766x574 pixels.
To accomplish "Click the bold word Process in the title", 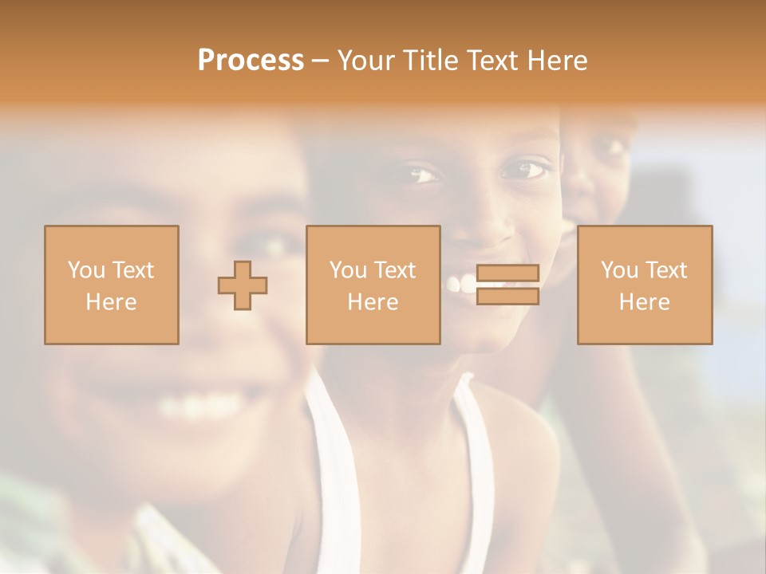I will (x=251, y=61).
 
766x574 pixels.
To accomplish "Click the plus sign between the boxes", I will (x=243, y=285).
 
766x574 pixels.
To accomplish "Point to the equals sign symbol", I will (x=507, y=285).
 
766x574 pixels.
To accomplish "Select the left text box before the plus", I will (x=111, y=285).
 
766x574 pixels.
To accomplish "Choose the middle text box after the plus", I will (x=373, y=285).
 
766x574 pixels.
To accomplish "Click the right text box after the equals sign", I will (x=644, y=285).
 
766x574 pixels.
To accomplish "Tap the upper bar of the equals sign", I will (x=507, y=273).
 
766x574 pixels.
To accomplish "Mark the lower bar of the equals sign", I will (x=507, y=297).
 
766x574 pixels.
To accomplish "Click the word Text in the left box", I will (x=132, y=270).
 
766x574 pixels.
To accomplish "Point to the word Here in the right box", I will (x=644, y=302).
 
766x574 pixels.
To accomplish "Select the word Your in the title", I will (x=366, y=61).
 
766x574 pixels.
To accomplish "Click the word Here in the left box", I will (x=111, y=302).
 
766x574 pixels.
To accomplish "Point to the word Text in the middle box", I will (x=394, y=270).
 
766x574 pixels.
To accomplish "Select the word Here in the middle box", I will (x=373, y=302).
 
